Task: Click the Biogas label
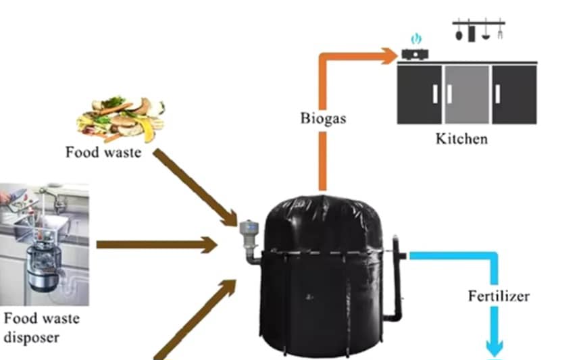[x=323, y=119]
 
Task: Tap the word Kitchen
[x=461, y=140]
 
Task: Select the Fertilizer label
[x=499, y=296]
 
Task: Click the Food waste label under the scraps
[x=103, y=152]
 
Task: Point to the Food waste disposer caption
[x=41, y=327]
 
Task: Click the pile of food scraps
[x=121, y=118]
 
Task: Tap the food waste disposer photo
[x=44, y=244]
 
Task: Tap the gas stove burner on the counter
[x=415, y=53]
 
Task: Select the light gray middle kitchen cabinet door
[x=466, y=95]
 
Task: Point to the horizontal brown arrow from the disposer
[x=155, y=245]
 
